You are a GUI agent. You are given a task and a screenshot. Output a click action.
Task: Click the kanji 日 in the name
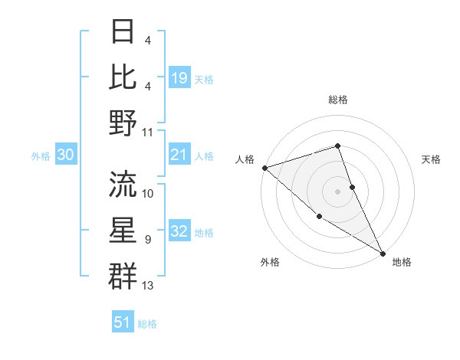[123, 31]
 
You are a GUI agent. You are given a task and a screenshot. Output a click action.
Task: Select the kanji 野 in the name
[123, 123]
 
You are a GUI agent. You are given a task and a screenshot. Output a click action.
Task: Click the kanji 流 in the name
[123, 184]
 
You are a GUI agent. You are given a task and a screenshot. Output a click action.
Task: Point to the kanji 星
[123, 230]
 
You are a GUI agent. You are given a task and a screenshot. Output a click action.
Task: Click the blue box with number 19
[179, 77]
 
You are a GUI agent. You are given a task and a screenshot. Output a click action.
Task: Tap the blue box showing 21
[179, 155]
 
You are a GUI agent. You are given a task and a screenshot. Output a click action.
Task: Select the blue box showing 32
[179, 232]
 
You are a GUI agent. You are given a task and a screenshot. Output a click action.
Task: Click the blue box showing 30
[65, 155]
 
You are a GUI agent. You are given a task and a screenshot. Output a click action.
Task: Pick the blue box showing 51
[122, 322]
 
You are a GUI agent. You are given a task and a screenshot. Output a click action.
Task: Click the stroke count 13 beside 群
[148, 286]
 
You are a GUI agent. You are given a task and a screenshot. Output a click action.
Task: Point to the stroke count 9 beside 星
[148, 240]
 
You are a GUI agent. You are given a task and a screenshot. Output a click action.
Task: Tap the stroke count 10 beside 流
[148, 193]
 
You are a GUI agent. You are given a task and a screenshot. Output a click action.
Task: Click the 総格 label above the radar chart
[338, 100]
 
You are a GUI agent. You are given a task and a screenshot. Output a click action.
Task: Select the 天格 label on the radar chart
[432, 159]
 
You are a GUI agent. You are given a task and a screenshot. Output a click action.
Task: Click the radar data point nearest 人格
[264, 167]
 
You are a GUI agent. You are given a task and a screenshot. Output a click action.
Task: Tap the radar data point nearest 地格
[383, 253]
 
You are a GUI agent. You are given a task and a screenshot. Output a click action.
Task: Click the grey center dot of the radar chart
[338, 191]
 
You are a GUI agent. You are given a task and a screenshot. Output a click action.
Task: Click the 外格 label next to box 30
[41, 156]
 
